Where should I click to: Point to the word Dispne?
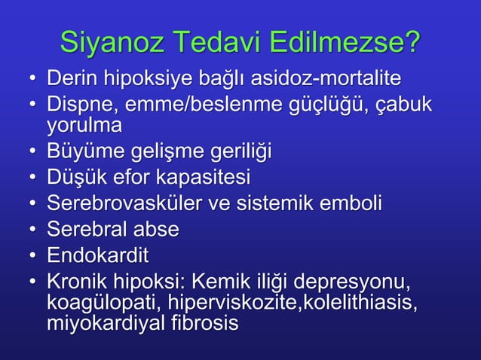coord(78,102)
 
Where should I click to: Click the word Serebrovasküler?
coord(131,203)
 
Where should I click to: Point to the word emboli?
coord(347,203)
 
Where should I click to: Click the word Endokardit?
coord(98,254)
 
